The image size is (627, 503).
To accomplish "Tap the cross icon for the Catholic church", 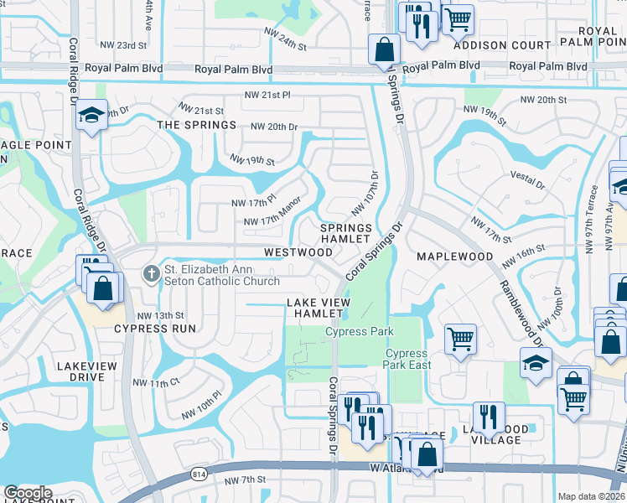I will point(151,272).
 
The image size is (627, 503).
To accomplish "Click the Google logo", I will point(28,493).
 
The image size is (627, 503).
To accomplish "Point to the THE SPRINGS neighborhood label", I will point(197,125).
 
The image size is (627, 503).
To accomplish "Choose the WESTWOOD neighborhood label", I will point(298,251).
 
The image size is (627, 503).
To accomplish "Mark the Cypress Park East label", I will point(407,359).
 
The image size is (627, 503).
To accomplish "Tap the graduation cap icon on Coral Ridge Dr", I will point(92,114).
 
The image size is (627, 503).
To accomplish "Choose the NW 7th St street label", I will point(246,480).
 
